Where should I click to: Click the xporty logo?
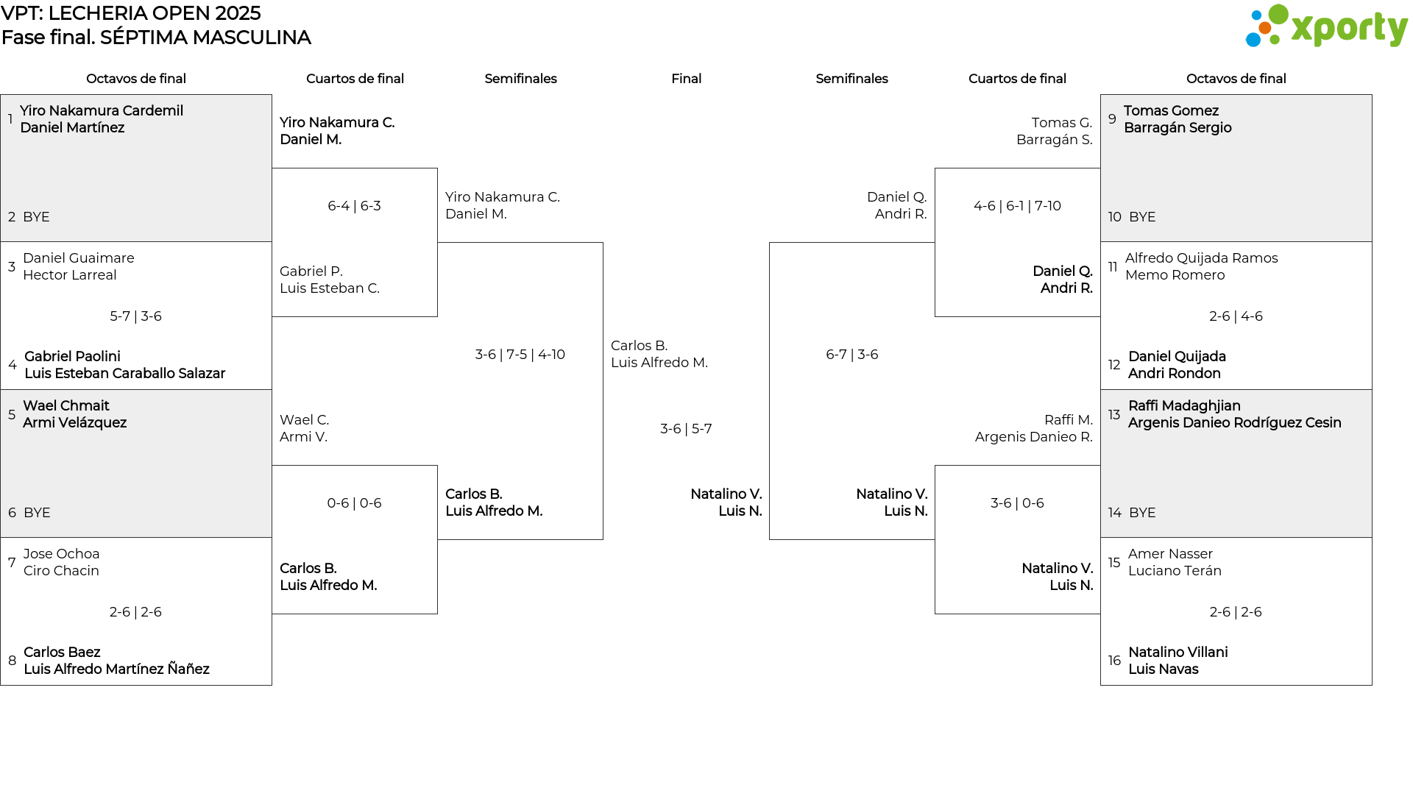1326,26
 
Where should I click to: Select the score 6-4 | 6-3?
354,206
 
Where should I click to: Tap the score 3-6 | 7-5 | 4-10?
520,355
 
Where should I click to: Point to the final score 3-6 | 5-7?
686,429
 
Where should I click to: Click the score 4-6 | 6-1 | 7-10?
1017,206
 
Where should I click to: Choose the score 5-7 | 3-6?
135,316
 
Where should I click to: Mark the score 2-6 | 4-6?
1236,316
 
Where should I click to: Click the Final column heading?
686,79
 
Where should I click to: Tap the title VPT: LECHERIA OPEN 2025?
131,13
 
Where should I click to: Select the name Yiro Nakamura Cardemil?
102,110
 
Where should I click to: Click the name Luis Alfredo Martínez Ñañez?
116,669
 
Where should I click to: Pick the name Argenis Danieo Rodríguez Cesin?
1234,422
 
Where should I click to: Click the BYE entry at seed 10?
1141,217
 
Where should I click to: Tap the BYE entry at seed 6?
37,513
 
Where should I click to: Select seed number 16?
1114,661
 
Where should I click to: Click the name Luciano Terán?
1175,571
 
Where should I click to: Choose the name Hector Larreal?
69,275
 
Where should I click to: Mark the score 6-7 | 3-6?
851,355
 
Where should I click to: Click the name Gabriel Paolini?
72,357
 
